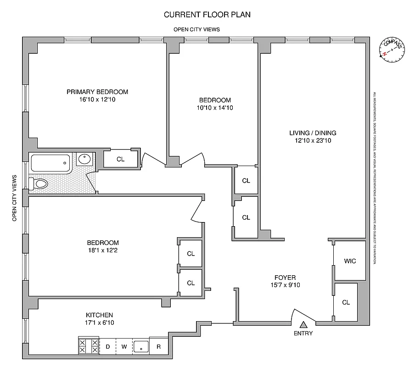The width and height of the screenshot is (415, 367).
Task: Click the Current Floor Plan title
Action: click(x=207, y=14)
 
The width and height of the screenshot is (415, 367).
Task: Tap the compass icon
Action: click(x=392, y=50)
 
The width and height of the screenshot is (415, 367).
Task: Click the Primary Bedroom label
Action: click(x=97, y=92)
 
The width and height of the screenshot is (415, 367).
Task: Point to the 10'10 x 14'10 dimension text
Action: click(x=214, y=108)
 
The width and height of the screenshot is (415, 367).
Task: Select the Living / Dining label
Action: click(x=310, y=133)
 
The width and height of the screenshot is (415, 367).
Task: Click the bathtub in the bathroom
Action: click(x=50, y=163)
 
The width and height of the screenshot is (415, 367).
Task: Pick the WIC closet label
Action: click(x=350, y=261)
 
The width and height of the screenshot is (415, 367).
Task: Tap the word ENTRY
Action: click(x=303, y=334)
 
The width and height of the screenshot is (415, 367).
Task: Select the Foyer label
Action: click(x=285, y=278)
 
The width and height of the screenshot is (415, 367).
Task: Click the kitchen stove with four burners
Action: click(x=89, y=346)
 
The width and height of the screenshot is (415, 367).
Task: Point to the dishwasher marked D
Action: click(x=108, y=346)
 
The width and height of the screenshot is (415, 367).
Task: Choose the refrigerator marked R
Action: click(x=158, y=346)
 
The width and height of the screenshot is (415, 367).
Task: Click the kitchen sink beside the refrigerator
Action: click(x=141, y=346)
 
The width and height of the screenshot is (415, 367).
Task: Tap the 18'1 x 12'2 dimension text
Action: click(x=103, y=250)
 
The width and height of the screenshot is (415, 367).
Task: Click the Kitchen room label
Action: click(x=99, y=315)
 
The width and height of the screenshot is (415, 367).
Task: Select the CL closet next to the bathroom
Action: click(x=120, y=159)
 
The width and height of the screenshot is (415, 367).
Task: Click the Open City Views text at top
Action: click(x=196, y=29)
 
